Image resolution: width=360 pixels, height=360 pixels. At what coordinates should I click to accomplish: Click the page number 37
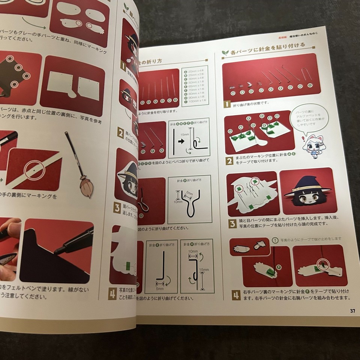352,310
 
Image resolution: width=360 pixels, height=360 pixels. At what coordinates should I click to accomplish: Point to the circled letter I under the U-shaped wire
310,85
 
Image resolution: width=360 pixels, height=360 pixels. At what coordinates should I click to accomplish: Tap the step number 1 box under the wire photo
227,105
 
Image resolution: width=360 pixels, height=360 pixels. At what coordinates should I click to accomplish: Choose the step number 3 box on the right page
232,224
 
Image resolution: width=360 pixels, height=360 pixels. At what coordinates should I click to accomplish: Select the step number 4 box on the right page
236,295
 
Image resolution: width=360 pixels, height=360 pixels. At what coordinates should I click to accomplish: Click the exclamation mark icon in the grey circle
276,240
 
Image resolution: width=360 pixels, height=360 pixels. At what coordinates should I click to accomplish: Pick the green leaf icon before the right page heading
225,53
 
